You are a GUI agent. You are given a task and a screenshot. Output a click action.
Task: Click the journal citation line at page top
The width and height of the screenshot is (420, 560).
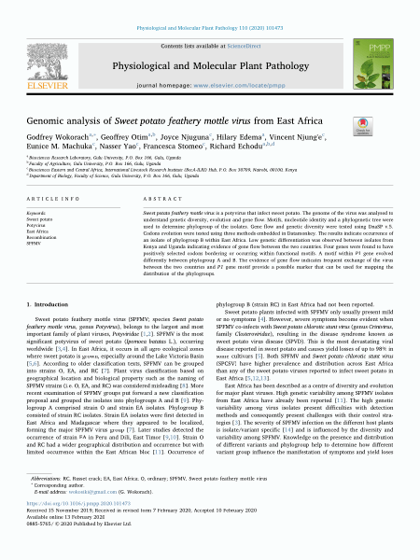click(209, 7)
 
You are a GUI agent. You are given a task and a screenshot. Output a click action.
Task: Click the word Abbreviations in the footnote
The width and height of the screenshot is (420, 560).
click(38, 500)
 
